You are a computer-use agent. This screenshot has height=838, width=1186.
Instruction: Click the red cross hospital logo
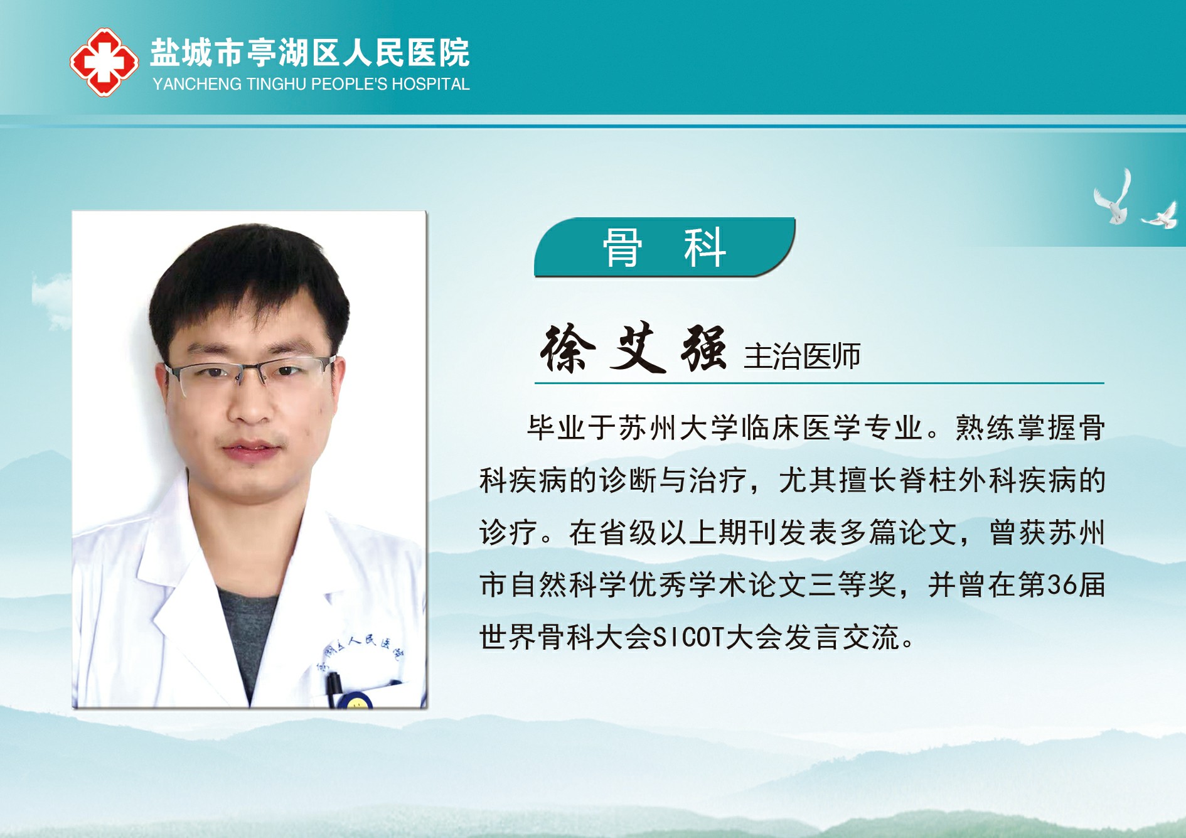pos(104,62)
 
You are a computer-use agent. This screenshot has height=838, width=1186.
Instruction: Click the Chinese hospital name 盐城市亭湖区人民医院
pos(310,52)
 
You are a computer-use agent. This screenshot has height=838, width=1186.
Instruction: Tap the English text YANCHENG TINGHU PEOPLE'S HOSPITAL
pos(311,84)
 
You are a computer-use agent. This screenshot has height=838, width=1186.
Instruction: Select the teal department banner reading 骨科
pos(665,247)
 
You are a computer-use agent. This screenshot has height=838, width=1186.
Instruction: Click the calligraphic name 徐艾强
pos(634,348)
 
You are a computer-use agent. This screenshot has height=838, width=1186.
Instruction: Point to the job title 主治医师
pos(802,356)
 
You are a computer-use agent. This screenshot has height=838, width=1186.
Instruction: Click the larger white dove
pos(1113,197)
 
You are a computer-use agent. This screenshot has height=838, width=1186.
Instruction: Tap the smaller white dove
pos(1160,215)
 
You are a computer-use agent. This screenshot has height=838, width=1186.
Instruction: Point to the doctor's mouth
pos(250,449)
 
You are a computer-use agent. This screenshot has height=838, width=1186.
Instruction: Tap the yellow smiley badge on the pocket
pos(356,702)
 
